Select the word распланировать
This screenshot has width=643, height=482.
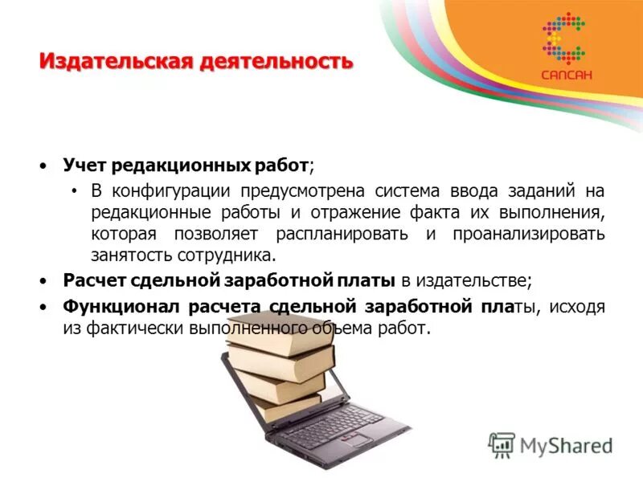coord(343,235)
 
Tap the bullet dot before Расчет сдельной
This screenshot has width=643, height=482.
coord(43,281)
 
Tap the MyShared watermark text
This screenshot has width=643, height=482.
coord(566,445)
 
